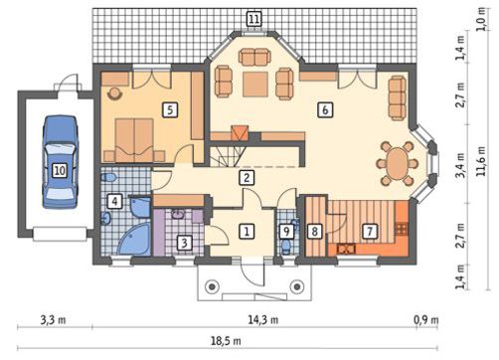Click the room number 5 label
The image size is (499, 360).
pyautogui.click(x=170, y=109)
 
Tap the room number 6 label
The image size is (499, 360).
pyautogui.click(x=325, y=109)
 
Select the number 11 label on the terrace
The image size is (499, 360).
pyautogui.click(x=254, y=19)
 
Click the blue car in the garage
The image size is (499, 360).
pyautogui.click(x=60, y=162)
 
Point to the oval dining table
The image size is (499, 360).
pyautogui.click(x=397, y=163)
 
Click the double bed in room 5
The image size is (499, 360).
pyautogui.click(x=134, y=140)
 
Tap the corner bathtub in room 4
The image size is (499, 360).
pyautogui.click(x=134, y=240)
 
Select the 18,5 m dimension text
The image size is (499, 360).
pyautogui.click(x=227, y=341)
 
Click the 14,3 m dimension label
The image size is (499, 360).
pyautogui.click(x=263, y=320)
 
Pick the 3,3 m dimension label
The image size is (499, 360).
pyautogui.click(x=53, y=320)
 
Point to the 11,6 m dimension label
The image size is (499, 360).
pyautogui.click(x=481, y=161)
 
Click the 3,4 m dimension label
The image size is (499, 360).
pyautogui.click(x=460, y=165)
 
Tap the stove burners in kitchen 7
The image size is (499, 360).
pyautogui.click(x=402, y=229)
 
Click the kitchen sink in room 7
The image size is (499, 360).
pyautogui.click(x=346, y=249)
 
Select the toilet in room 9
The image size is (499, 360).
pyautogui.click(x=285, y=247)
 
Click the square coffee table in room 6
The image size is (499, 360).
pyautogui.click(x=255, y=85)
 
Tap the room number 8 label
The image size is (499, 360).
pyautogui.click(x=314, y=231)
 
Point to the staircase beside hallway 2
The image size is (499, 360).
pyautogui.click(x=229, y=154)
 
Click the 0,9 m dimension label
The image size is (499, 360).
pyautogui.click(x=426, y=320)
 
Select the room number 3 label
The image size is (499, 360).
pyautogui.click(x=184, y=243)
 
